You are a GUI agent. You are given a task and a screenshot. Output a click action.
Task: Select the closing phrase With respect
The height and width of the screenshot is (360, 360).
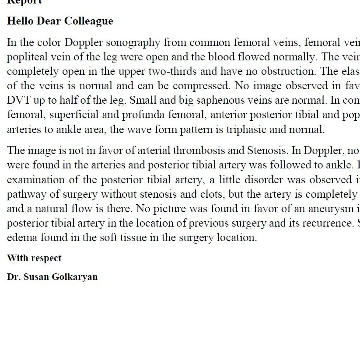tap(34, 258)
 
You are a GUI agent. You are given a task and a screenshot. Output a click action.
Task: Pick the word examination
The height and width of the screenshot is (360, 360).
tap(34, 180)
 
